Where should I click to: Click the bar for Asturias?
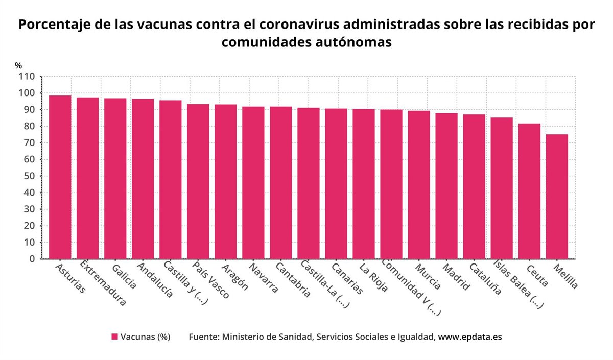pos(60,177)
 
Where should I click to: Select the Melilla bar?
pos(556,197)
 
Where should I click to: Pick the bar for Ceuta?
pos(529,191)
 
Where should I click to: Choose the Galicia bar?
pos(115,178)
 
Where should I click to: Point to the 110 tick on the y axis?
pos(27,77)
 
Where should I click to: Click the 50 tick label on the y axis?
pos(29,176)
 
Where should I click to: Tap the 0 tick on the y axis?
pos(32,259)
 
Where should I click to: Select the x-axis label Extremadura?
pos(103,283)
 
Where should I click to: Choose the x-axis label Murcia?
pos(428,276)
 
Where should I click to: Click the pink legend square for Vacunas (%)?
pos(115,337)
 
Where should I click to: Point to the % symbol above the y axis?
pos(18,65)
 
